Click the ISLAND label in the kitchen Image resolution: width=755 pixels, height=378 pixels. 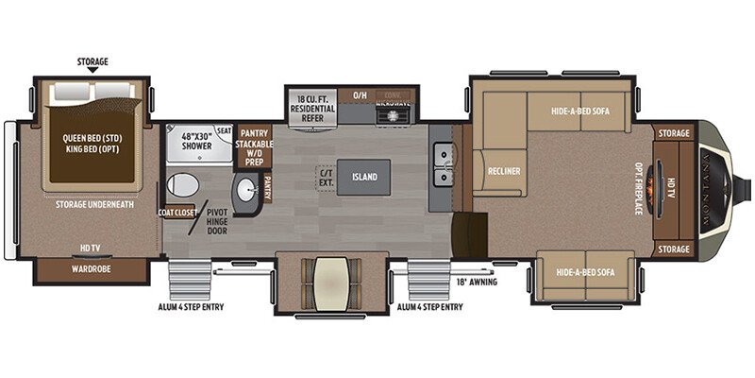pyautogui.click(x=364, y=177)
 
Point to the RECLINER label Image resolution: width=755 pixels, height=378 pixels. pyautogui.click(x=499, y=172)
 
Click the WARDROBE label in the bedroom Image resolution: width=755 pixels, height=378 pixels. pyautogui.click(x=91, y=268)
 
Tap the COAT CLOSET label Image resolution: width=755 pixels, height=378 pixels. pyautogui.click(x=176, y=212)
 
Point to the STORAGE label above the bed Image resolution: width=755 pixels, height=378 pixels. pyautogui.click(x=92, y=62)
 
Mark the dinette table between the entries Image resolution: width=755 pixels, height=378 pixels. pyautogui.click(x=332, y=279)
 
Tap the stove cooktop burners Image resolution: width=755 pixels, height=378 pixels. pyautogui.click(x=391, y=115)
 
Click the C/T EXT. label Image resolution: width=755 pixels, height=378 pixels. pyautogui.click(x=327, y=177)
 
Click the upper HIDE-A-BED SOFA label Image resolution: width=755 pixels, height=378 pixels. pyautogui.click(x=579, y=111)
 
